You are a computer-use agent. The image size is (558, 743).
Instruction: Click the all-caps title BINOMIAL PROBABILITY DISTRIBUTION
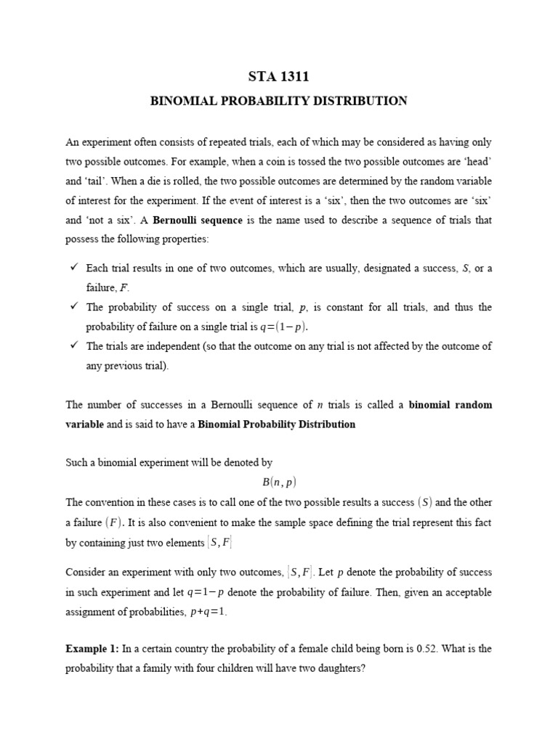point(278,101)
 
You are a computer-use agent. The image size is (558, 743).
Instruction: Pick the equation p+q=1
point(209,612)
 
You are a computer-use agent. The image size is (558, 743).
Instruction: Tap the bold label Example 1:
point(93,648)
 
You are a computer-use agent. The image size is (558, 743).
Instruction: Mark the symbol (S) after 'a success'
point(426,501)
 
